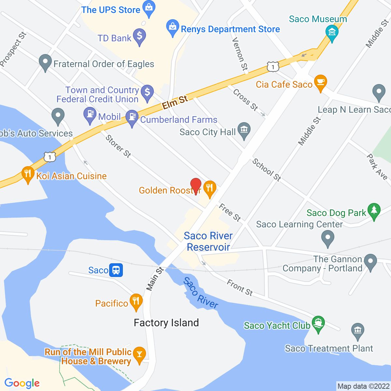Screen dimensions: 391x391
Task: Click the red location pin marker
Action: point(195,186)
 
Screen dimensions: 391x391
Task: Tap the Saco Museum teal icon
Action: point(332,32)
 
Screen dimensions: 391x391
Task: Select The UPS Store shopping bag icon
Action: point(149,8)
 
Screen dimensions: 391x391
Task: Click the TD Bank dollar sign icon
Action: point(139,36)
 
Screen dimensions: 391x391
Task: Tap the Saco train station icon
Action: point(116,270)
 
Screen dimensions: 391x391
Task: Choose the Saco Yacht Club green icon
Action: point(318,323)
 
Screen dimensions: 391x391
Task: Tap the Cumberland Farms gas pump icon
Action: point(132,117)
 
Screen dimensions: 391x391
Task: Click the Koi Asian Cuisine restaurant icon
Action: point(28,174)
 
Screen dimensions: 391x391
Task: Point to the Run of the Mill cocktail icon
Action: point(139,354)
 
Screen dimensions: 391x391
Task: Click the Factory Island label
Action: point(166,323)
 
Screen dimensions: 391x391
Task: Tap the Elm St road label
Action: point(175,102)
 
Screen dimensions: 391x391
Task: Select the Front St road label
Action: point(240,287)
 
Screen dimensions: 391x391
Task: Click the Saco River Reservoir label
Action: point(208,241)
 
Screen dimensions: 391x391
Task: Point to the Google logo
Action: point(22,383)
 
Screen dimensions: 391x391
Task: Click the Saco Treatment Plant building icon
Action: point(357,330)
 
